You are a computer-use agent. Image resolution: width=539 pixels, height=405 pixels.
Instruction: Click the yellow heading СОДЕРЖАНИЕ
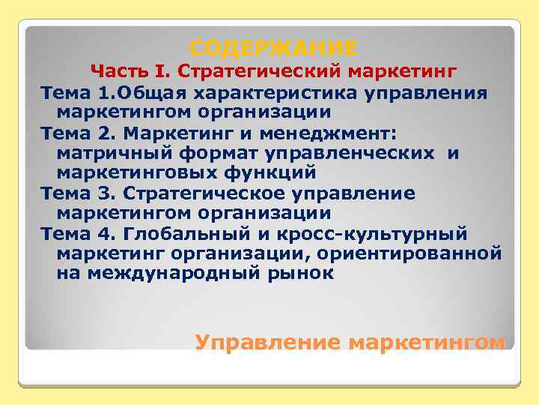(x=272, y=49)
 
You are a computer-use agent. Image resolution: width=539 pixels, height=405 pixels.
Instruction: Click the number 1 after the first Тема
(x=103, y=93)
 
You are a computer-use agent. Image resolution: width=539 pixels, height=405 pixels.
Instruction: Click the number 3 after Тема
(x=103, y=193)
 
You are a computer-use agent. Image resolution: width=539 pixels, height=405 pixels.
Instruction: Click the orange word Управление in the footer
(x=267, y=342)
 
